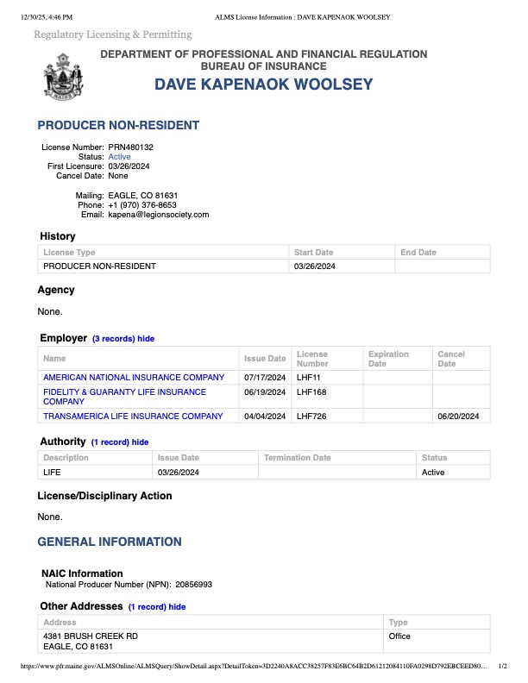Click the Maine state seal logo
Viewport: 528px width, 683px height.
(64, 76)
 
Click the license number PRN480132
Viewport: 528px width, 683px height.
(130, 147)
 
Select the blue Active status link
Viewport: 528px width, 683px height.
(119, 157)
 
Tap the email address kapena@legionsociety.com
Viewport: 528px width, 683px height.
(159, 215)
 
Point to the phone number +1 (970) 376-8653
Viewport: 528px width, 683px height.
(142, 205)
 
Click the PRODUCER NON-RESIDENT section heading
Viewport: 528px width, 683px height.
(118, 125)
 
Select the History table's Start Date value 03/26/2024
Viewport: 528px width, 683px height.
(314, 266)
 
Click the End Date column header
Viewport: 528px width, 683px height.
(418, 253)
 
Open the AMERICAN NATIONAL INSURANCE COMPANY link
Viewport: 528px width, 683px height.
(134, 378)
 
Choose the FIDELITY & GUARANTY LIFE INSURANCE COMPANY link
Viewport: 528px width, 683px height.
(125, 397)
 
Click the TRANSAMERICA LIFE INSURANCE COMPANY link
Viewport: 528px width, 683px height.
(133, 417)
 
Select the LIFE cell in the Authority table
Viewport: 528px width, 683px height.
(53, 473)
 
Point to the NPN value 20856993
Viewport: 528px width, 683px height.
(194, 585)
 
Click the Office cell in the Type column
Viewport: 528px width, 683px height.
(399, 636)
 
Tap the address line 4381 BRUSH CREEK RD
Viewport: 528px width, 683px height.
(91, 636)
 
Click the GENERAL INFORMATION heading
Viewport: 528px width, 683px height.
(110, 542)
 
